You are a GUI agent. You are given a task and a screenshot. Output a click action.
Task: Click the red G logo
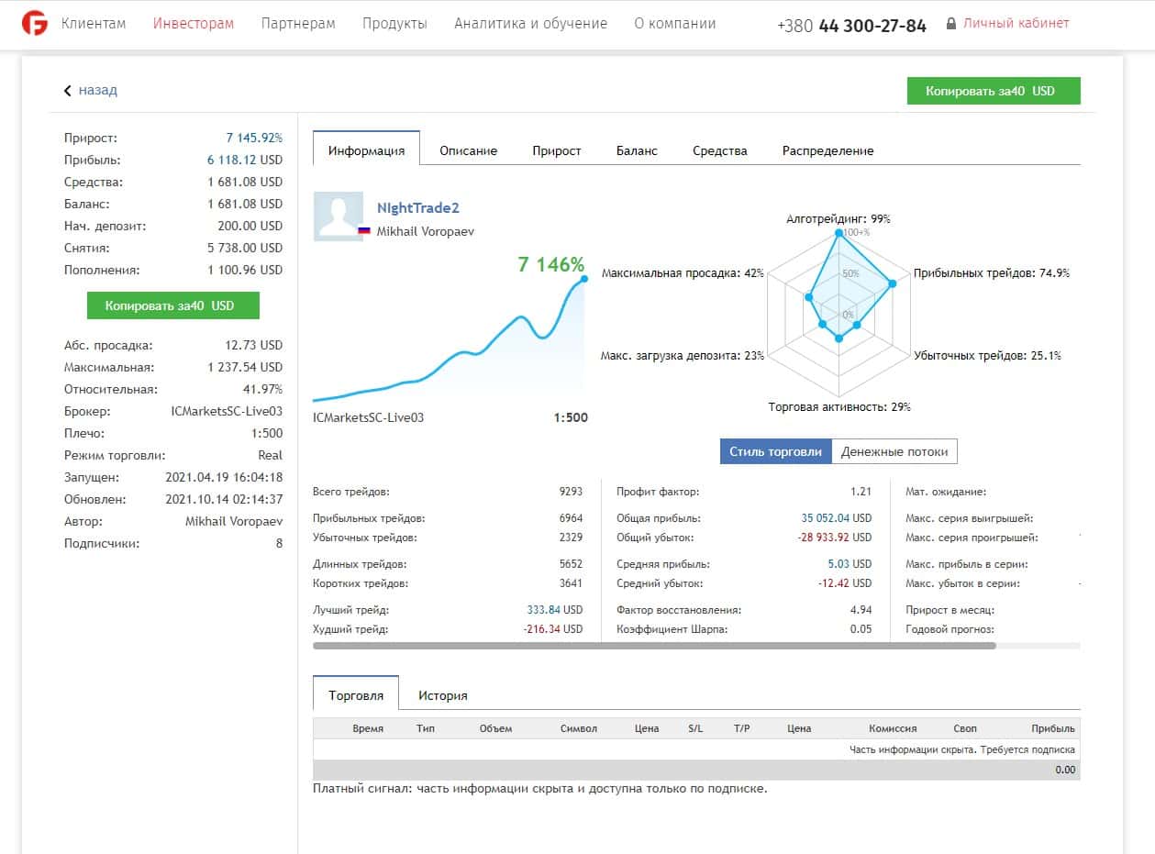pos(35,24)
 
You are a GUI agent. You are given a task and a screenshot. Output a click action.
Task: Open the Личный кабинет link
pos(1016,24)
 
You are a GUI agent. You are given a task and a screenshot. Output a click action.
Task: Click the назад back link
pos(97,90)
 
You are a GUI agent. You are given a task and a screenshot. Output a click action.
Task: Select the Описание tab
pos(468,150)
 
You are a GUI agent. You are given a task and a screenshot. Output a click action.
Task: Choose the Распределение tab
pos(827,150)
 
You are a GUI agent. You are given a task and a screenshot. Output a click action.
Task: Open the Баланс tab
pos(637,150)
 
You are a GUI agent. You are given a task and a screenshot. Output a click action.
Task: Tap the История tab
pos(442,695)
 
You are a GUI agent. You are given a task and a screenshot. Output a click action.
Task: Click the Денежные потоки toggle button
pos(894,451)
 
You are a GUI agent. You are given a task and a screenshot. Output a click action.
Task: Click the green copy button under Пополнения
pos(172,305)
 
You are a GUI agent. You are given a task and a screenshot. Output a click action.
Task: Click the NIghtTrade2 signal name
pos(417,208)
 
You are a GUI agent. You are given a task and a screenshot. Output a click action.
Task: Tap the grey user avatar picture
pos(339,216)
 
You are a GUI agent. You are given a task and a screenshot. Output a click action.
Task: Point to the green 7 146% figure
pos(550,264)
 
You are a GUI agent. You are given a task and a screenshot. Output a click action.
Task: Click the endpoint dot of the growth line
pos(584,279)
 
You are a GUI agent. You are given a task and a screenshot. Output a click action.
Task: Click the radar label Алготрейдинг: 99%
pos(838,218)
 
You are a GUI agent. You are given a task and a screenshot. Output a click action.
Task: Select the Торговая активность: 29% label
pos(838,406)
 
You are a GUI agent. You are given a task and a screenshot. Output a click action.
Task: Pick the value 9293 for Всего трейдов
pos(571,492)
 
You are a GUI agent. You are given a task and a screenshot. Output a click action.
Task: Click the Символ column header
pos(579,728)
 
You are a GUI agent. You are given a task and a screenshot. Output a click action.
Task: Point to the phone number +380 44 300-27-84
pos(851,26)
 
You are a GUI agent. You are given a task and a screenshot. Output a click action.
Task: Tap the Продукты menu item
pos(394,24)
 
